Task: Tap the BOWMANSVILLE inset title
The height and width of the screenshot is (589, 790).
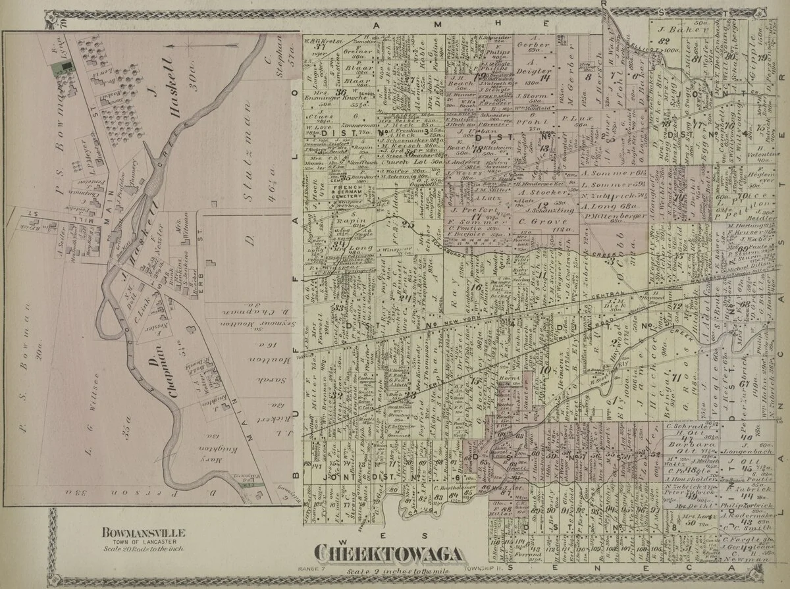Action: click(x=142, y=532)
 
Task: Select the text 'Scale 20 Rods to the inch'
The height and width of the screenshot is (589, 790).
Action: click(x=142, y=548)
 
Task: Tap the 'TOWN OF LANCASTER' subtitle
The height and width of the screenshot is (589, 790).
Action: click(x=142, y=540)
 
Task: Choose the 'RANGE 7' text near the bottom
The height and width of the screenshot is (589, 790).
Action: click(x=313, y=567)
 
